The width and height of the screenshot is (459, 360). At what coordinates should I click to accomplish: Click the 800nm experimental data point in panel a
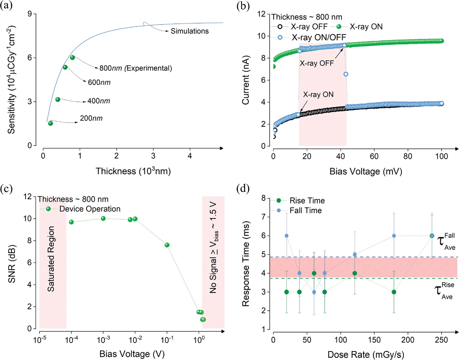tap(72, 57)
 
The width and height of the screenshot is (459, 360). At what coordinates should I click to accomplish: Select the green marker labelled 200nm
tap(50, 123)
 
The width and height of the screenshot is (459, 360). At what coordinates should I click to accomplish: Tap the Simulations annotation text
tap(189, 31)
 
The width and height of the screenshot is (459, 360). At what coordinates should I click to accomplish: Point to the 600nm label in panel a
tap(99, 83)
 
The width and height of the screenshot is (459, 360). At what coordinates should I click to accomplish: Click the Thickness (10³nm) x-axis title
tap(133, 171)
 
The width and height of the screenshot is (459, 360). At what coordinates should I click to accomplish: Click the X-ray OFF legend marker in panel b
tap(280, 27)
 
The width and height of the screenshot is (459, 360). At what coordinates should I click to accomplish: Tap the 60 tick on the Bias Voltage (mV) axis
tap(374, 156)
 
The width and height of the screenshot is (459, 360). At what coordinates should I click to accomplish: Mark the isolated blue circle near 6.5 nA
tap(346, 74)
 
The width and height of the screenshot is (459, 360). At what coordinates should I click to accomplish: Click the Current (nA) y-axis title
tap(246, 80)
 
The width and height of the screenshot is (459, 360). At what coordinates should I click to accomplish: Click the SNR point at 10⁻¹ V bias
tap(167, 245)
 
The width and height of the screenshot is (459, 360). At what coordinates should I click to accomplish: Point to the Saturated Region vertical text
tap(51, 259)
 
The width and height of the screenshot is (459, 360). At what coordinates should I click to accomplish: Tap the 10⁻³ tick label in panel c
tap(103, 340)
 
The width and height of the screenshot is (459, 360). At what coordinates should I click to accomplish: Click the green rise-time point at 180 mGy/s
tap(394, 292)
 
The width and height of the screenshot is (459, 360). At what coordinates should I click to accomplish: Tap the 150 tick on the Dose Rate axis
tap(374, 340)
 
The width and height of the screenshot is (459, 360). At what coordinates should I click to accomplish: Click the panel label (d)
tap(243, 189)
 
